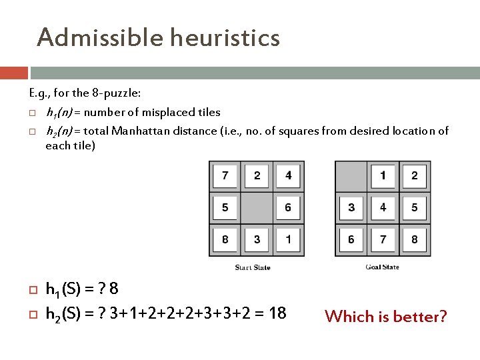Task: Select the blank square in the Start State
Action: click(257, 208)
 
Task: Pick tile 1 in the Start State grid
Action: click(288, 239)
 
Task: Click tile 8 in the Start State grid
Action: click(225, 239)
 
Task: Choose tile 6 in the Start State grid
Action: click(288, 208)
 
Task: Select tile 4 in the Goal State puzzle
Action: click(383, 208)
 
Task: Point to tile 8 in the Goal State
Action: click(414, 239)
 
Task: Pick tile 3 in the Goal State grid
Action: click(351, 208)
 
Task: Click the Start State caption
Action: click(253, 267)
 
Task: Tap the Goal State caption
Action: click(382, 267)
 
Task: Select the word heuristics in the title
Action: click(225, 37)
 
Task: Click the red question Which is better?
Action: click(386, 316)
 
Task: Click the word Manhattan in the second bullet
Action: click(141, 131)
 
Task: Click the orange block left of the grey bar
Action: click(14, 73)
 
